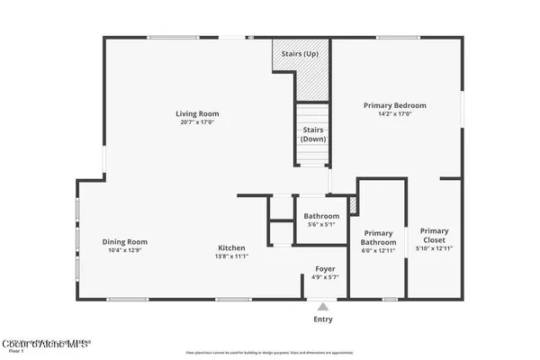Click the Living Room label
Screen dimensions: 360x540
tap(197, 114)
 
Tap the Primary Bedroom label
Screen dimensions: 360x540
tap(394, 105)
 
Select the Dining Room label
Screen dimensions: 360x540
tap(124, 241)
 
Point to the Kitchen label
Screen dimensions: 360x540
tap(231, 247)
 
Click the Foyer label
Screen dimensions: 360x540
tap(324, 269)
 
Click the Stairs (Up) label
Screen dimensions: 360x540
tap(299, 55)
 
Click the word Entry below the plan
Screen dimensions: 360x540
tap(322, 319)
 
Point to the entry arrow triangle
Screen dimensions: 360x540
tap(322, 306)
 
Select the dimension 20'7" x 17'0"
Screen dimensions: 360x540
tap(197, 123)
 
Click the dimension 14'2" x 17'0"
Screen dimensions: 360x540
tap(394, 114)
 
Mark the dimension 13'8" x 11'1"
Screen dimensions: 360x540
tap(231, 256)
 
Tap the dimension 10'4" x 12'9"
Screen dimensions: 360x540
tap(124, 250)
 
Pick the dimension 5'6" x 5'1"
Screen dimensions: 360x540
tap(321, 225)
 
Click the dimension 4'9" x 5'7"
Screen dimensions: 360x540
tap(324, 278)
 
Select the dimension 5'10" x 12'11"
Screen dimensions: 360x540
tap(434, 248)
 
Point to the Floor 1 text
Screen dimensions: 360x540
tap(13, 353)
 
